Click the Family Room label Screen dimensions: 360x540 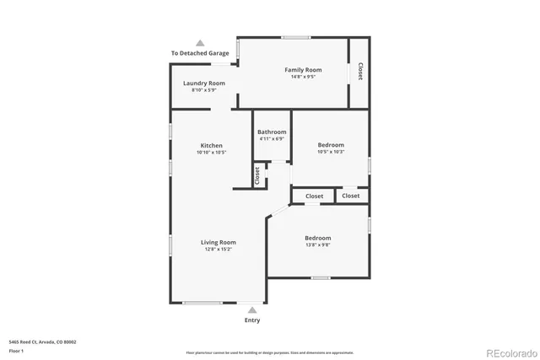pyautogui.click(x=303, y=69)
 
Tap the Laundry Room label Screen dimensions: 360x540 pyautogui.click(x=204, y=83)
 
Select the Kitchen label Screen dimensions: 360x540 pyautogui.click(x=211, y=145)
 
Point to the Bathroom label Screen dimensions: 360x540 pyautogui.click(x=272, y=132)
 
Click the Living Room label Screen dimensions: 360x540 pyautogui.click(x=218, y=242)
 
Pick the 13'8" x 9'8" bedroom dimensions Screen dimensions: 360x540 pyautogui.click(x=317, y=245)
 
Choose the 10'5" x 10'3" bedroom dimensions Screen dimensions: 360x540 pyautogui.click(x=331, y=152)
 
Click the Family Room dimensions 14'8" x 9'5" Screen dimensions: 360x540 pyautogui.click(x=303, y=77)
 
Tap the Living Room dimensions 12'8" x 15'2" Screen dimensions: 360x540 pyautogui.click(x=218, y=250)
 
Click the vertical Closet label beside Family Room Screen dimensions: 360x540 pyautogui.click(x=360, y=72)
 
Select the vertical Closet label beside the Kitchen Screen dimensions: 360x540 pyautogui.click(x=257, y=175)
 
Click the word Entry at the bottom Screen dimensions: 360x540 pyautogui.click(x=252, y=320)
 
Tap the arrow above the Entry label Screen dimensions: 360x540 pyautogui.click(x=252, y=310)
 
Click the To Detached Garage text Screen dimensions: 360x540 pyautogui.click(x=200, y=53)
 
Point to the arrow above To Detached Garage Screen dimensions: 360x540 pyautogui.click(x=200, y=42)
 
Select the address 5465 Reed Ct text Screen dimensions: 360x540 pyautogui.click(x=42, y=341)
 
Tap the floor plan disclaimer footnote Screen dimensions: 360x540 pyautogui.click(x=270, y=352)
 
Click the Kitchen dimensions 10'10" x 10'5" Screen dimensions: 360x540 pyautogui.click(x=211, y=153)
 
